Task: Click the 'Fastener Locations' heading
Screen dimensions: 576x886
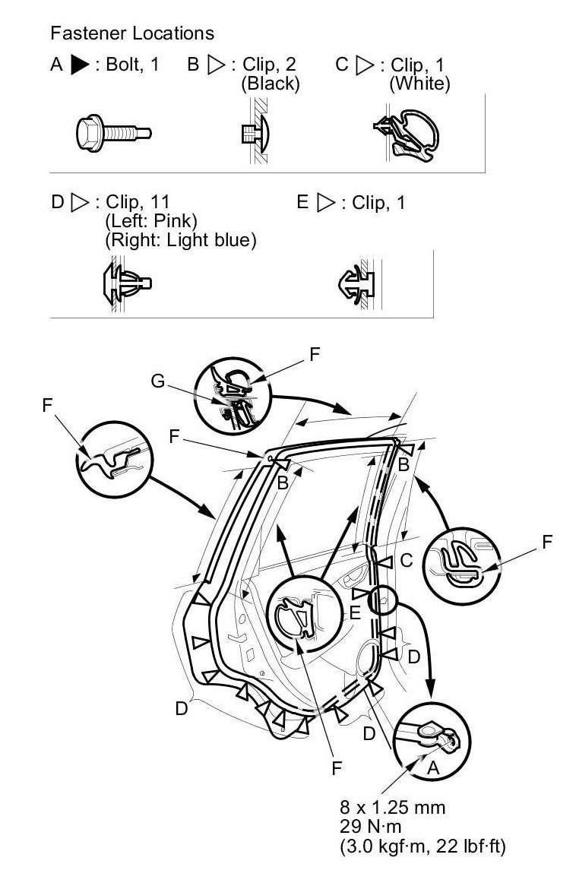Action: [x=132, y=33]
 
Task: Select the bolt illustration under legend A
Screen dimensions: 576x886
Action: [x=114, y=133]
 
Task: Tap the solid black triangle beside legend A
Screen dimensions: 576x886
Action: [x=80, y=65]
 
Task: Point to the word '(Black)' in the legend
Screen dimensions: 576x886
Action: [x=271, y=84]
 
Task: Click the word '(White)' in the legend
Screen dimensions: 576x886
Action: [x=419, y=84]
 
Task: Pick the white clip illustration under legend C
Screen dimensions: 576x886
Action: [x=406, y=135]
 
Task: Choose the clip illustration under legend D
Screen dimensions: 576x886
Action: [x=127, y=282]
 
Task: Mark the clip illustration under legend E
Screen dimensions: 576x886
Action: [x=356, y=283]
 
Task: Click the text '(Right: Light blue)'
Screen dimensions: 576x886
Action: [x=181, y=240]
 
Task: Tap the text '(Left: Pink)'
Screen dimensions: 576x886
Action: [x=151, y=220]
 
